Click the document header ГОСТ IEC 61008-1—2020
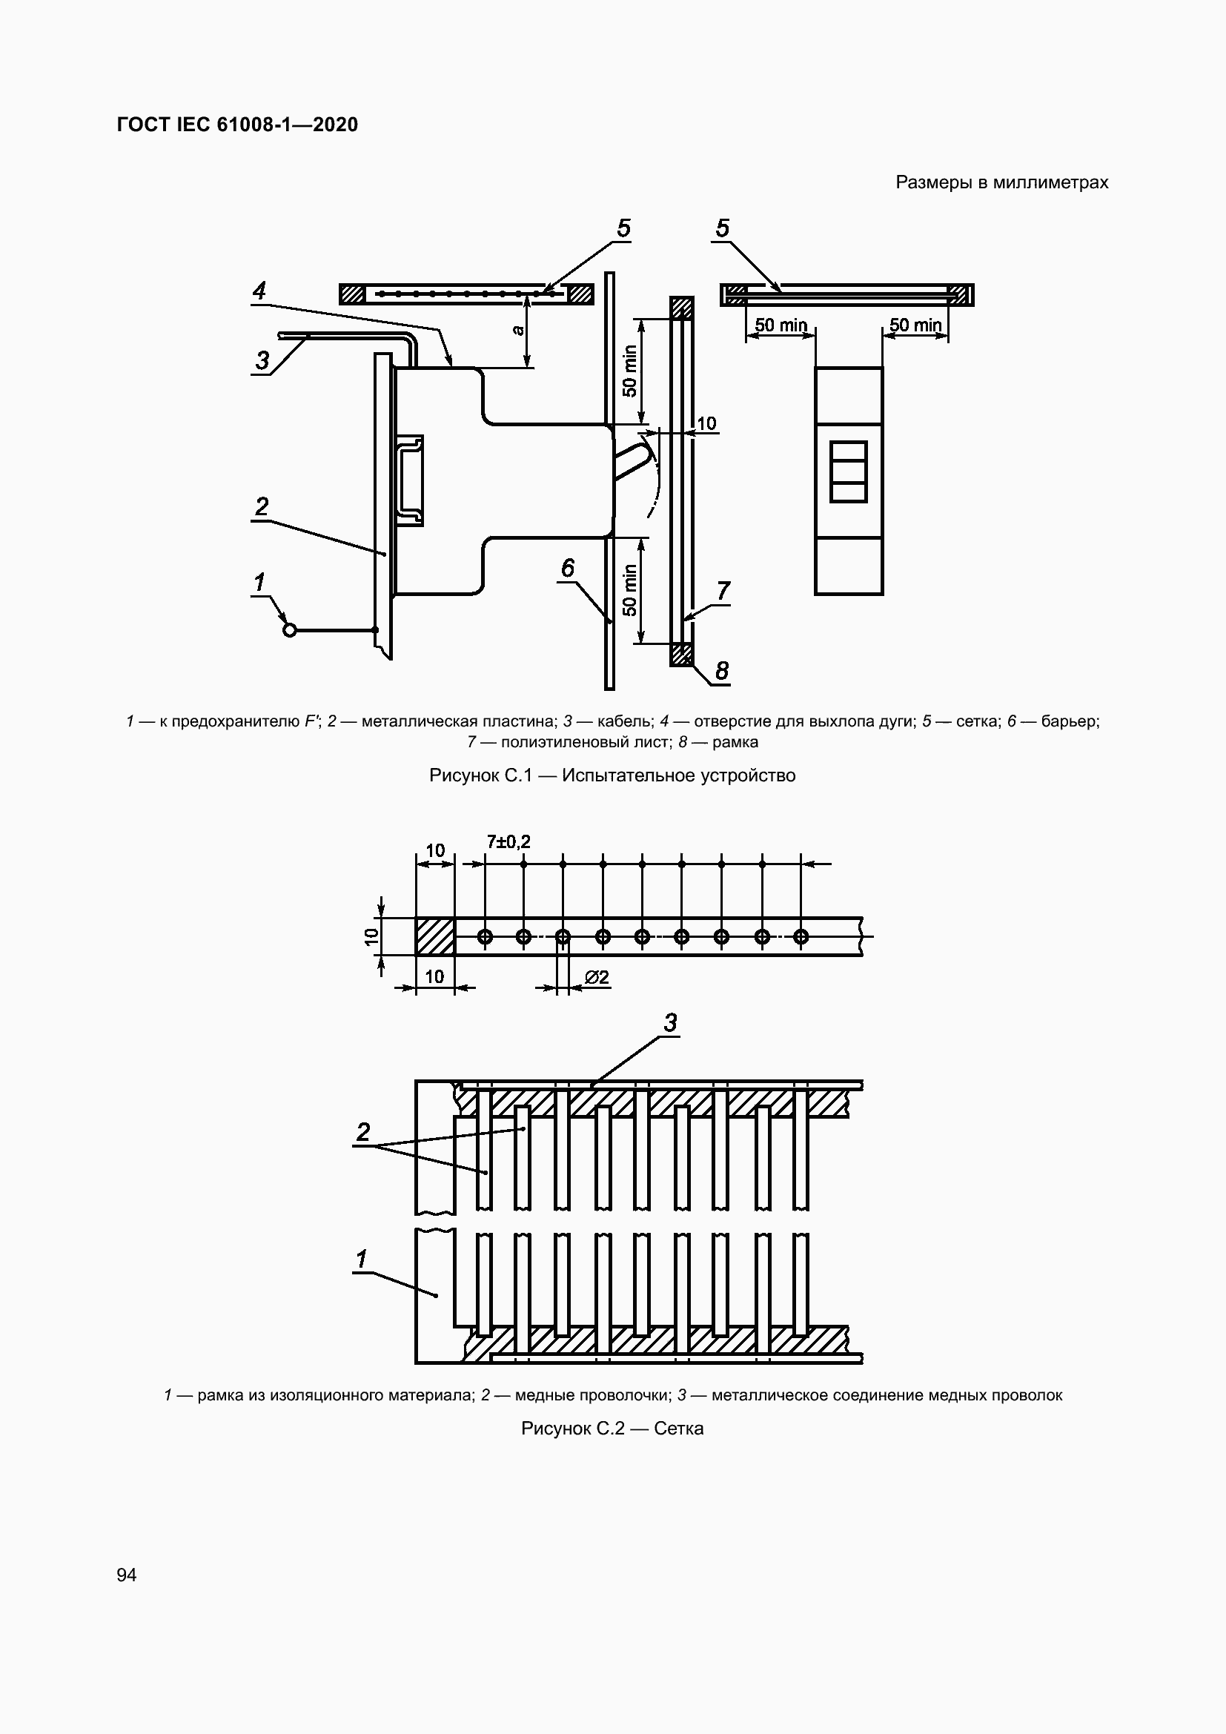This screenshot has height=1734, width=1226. (237, 125)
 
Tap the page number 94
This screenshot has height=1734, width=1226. (127, 1575)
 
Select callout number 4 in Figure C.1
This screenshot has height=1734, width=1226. (259, 291)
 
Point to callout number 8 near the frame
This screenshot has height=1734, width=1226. (722, 670)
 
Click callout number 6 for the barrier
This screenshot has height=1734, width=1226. (568, 568)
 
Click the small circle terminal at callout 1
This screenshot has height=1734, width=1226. (289, 630)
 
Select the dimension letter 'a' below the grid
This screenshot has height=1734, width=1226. (517, 330)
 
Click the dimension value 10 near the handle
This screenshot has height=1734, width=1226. (706, 424)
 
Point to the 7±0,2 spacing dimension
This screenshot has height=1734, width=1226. (508, 841)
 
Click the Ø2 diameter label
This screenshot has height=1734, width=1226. (597, 977)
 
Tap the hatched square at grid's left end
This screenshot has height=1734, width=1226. (435, 936)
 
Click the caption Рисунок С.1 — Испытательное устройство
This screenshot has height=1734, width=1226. (612, 775)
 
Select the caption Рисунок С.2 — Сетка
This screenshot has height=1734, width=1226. (612, 1428)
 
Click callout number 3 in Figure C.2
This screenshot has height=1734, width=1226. (670, 1023)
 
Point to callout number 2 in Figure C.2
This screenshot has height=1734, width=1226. (363, 1132)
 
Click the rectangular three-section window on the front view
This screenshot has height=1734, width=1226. (848, 472)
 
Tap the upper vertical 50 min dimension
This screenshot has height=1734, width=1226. (629, 371)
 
